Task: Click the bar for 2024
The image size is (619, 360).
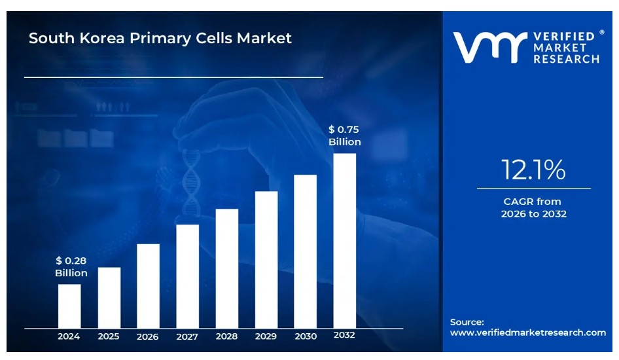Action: point(69,306)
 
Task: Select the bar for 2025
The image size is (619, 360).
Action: point(109,297)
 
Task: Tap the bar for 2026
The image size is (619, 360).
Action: point(148,285)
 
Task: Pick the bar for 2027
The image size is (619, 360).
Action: point(187,276)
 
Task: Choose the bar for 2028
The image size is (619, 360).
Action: point(226,268)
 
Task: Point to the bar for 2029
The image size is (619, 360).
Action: point(266,259)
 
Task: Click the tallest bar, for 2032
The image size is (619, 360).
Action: point(344,240)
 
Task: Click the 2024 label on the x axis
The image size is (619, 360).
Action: point(69,336)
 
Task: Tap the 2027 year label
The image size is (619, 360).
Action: point(187,337)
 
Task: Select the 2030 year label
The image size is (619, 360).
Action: point(305,336)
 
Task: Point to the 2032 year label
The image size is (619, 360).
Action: point(344,335)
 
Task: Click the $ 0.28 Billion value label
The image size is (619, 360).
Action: point(71,266)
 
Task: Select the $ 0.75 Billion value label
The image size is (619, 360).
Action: point(344,135)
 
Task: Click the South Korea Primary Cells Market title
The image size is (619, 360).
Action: point(160,38)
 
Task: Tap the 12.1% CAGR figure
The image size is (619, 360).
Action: point(533,170)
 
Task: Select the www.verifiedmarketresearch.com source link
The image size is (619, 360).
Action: point(528,333)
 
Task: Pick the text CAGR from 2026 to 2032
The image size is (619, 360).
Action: point(533,207)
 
